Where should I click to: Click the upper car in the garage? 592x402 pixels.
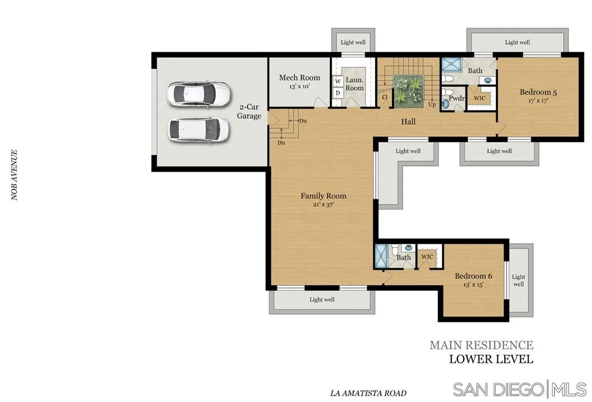tap(199, 94)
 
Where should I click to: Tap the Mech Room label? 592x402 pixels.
tap(299, 77)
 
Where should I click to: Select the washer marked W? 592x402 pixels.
tap(338, 81)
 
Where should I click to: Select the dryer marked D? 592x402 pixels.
tap(338, 93)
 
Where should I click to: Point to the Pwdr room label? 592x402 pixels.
tap(457, 98)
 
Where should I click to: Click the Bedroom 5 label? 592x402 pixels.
tap(538, 92)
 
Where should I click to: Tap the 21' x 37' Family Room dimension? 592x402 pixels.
tap(323, 205)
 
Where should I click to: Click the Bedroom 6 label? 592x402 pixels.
tap(473, 276)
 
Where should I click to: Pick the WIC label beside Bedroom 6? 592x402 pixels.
tap(427, 257)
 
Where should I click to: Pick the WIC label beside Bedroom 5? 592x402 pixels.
tap(479, 98)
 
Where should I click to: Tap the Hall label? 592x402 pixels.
tap(408, 121)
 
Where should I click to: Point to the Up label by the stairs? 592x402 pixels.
tap(432, 105)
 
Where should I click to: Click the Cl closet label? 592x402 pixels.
tap(384, 97)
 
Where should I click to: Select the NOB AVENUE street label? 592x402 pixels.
tap(14, 175)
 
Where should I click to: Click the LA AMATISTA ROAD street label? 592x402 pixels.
tap(368, 393)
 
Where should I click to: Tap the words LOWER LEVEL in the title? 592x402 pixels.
tap(491, 359)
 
